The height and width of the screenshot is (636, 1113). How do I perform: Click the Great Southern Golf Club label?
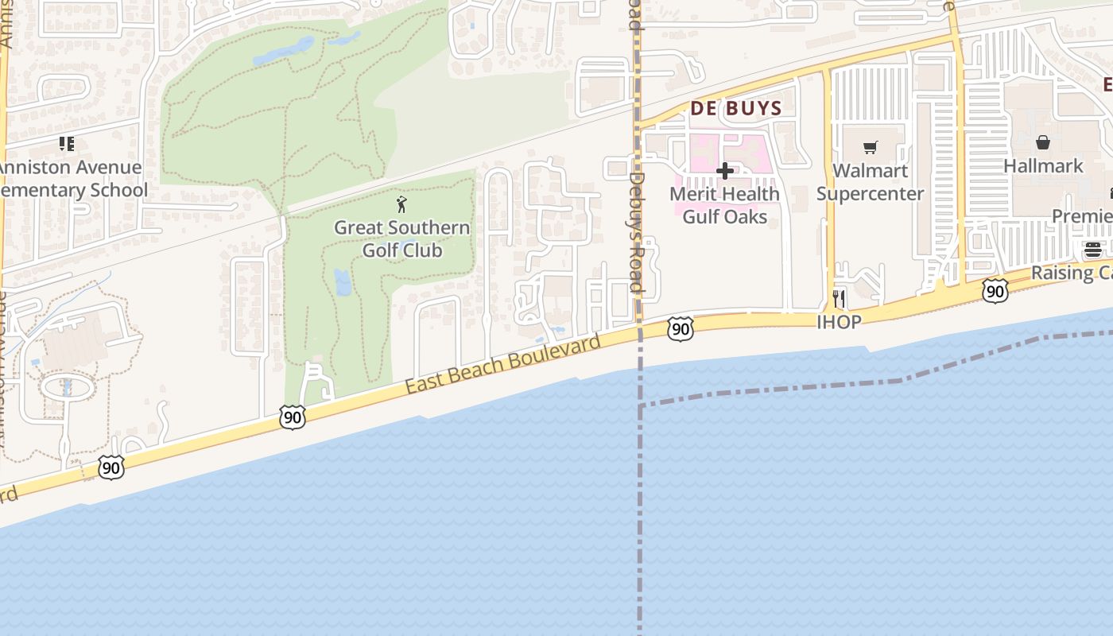tap(401, 239)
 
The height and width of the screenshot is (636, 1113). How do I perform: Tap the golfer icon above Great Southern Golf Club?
tap(401, 205)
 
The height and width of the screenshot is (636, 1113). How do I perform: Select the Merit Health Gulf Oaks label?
tap(724, 205)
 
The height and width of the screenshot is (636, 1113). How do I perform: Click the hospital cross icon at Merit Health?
tap(724, 171)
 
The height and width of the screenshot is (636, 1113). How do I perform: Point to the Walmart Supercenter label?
tap(870, 183)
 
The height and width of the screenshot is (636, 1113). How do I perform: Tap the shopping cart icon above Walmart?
tap(871, 147)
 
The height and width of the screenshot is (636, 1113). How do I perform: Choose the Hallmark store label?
tap(1043, 166)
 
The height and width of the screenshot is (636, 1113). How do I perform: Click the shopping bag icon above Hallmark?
tap(1043, 142)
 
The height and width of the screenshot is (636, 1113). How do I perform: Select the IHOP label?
tap(839, 322)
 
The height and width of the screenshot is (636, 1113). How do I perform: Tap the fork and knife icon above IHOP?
tap(839, 299)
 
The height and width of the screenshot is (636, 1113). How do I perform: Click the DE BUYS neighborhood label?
tap(735, 109)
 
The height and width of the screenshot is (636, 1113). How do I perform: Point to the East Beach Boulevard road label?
tap(502, 364)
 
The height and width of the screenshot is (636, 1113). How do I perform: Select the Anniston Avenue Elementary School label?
tap(72, 179)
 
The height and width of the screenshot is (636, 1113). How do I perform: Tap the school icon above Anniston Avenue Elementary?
tap(67, 144)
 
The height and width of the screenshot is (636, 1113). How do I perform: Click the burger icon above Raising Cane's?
tap(1093, 250)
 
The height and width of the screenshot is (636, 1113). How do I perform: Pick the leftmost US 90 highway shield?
tap(111, 467)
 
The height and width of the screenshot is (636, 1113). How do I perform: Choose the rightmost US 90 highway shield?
tap(995, 291)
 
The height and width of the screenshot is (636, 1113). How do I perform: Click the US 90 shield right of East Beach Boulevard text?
tap(680, 329)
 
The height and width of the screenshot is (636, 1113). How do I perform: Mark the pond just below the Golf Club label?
tap(343, 282)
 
